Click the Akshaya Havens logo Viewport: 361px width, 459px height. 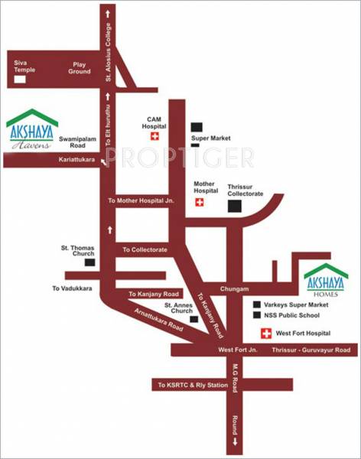coord(31,128)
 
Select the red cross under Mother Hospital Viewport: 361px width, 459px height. coord(200,202)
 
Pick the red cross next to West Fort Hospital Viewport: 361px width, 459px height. coord(267,334)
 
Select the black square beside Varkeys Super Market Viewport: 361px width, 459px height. coord(258,304)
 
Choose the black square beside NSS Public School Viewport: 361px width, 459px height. coord(258,315)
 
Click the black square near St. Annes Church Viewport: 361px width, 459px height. coord(194,320)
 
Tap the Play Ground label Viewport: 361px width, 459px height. coord(80,67)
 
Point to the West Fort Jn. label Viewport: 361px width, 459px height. coord(235,350)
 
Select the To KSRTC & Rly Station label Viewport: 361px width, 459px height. coord(193,385)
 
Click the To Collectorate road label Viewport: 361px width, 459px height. coord(145,249)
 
